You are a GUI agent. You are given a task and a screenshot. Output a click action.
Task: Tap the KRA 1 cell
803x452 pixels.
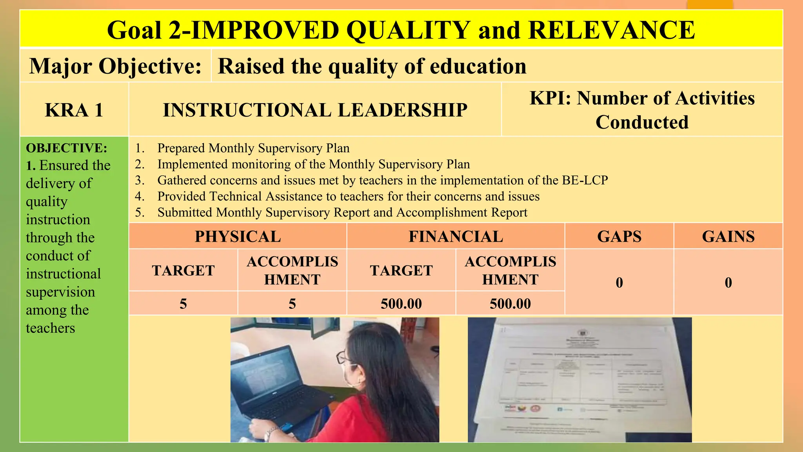[x=74, y=110]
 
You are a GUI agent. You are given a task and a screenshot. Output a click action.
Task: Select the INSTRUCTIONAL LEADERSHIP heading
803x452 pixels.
[x=315, y=110]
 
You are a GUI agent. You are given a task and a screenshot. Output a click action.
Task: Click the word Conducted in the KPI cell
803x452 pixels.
[x=642, y=122]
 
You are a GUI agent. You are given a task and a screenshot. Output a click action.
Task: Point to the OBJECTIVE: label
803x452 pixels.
[x=66, y=148]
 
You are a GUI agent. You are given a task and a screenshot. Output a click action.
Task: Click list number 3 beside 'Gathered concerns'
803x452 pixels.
[x=140, y=180]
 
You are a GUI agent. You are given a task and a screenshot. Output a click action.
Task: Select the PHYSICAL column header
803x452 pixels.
[x=238, y=237]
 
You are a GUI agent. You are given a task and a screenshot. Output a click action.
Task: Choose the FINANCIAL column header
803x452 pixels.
[x=456, y=237]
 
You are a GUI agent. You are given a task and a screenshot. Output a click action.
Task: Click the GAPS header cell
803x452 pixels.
[x=619, y=237]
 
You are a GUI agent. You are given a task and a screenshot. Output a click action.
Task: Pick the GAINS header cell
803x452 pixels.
[x=728, y=237]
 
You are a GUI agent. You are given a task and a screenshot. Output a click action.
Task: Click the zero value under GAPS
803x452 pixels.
[x=619, y=282]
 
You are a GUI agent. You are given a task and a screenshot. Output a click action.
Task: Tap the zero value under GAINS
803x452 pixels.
[x=728, y=282]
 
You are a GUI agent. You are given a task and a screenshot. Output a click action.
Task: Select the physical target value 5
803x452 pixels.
[x=183, y=304]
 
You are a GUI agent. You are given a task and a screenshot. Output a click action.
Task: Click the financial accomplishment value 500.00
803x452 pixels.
[x=510, y=304]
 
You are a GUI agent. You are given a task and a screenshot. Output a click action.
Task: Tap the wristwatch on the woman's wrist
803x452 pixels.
[x=270, y=434]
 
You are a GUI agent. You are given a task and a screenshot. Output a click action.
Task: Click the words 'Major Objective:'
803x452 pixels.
[x=115, y=66]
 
